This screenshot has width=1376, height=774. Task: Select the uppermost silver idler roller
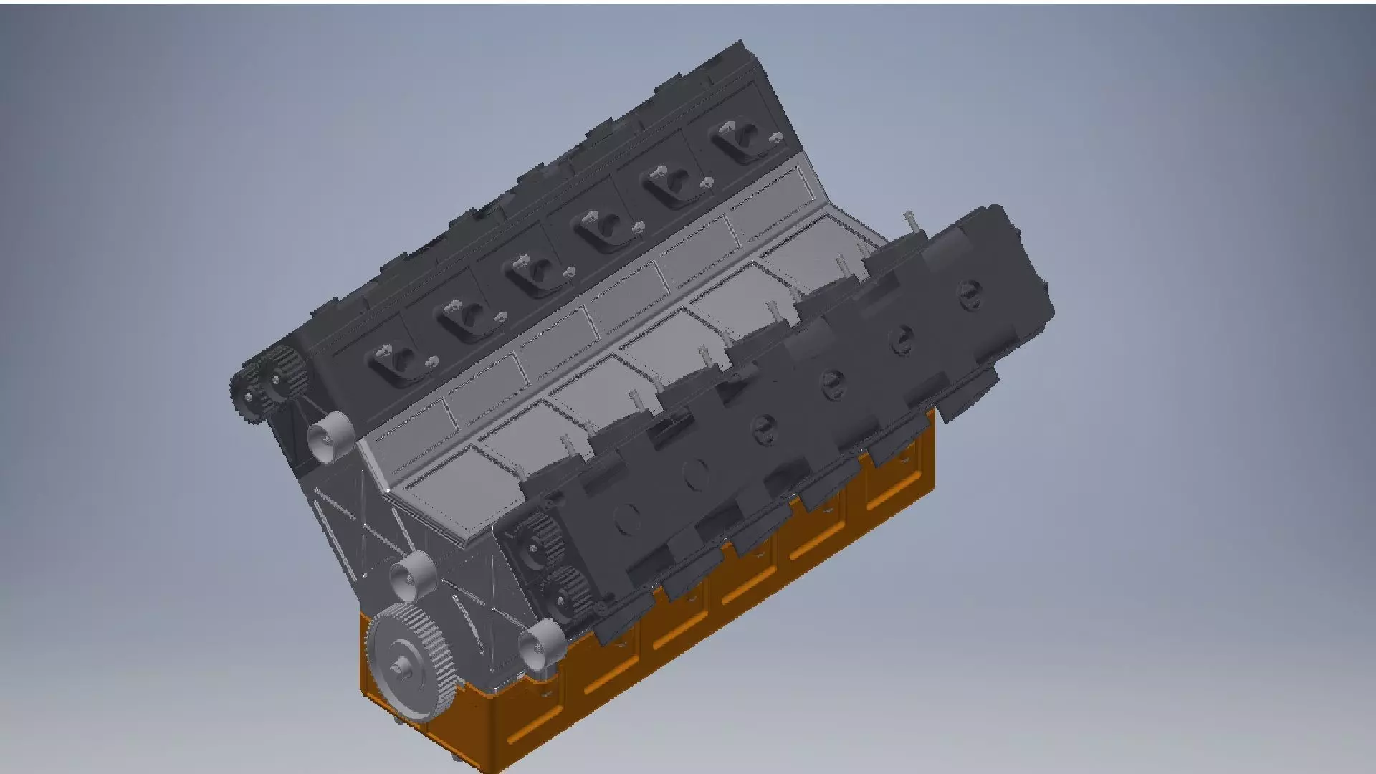(330, 436)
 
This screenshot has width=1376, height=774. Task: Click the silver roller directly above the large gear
(413, 575)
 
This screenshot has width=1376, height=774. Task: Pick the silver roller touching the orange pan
(540, 643)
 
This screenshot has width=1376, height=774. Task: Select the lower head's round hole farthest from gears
(970, 293)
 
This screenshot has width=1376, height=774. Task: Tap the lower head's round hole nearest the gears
(626, 517)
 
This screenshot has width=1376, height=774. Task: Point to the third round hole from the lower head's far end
(833, 384)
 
